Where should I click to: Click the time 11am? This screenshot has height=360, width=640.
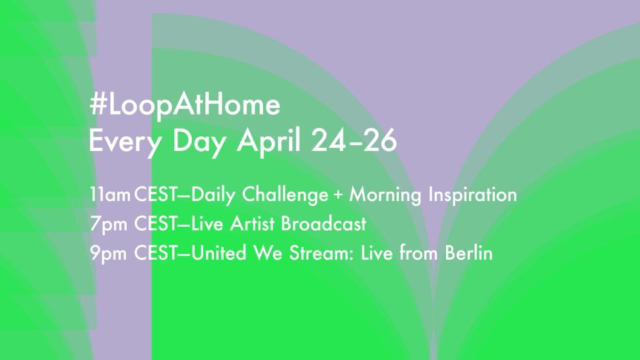[110, 195]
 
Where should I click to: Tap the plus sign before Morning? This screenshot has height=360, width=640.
[339, 196]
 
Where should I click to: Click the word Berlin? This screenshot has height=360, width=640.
[470, 253]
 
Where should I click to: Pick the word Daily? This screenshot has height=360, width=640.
[214, 195]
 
